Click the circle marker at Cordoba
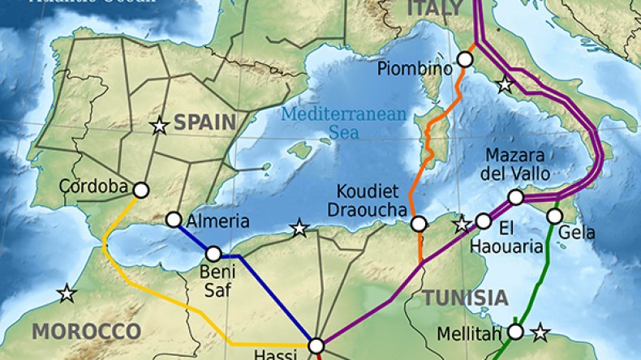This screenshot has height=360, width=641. pyautogui.click(x=140, y=190)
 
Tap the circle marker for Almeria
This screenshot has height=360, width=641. pyautogui.click(x=173, y=220)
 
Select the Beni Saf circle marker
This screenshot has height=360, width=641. pyautogui.click(x=213, y=254)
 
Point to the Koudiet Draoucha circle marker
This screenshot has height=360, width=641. pyautogui.click(x=419, y=224)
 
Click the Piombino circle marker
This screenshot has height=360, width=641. pyautogui.click(x=465, y=59)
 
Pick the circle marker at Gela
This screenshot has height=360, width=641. pyautogui.click(x=554, y=216)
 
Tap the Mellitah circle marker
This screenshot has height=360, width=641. pyautogui.click(x=515, y=331)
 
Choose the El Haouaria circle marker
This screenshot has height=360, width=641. pyautogui.click(x=484, y=221)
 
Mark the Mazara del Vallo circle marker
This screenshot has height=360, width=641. pyautogui.click(x=515, y=197)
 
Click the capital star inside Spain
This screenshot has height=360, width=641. pyautogui.click(x=159, y=125)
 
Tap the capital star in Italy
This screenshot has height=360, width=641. pyautogui.click(x=505, y=83)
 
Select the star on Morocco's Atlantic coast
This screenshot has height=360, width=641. pyautogui.click(x=67, y=293)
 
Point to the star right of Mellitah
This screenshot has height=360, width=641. pyautogui.click(x=540, y=331)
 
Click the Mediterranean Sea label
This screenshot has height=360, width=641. pyautogui.click(x=342, y=122)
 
